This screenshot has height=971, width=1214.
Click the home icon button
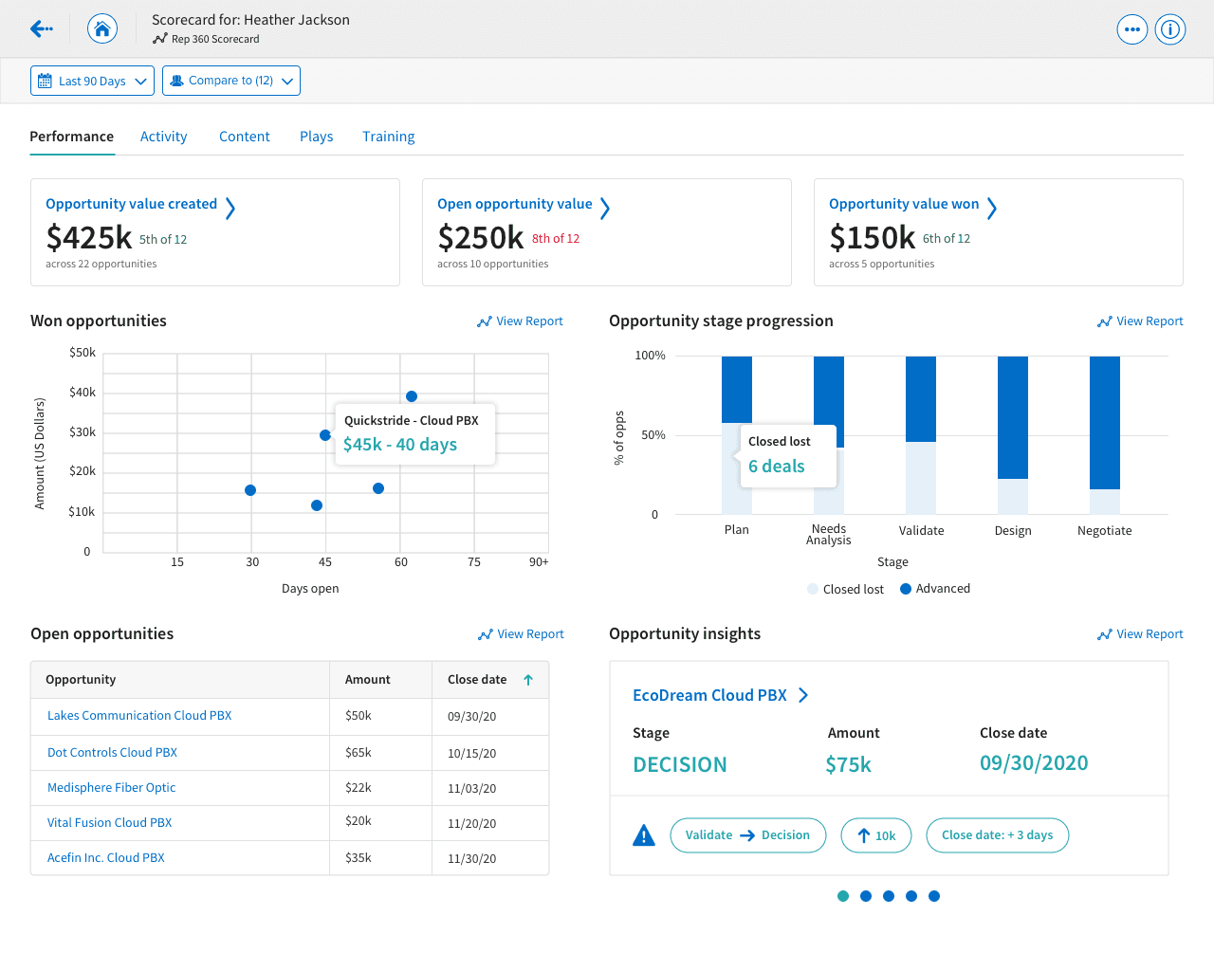pyautogui.click(x=102, y=28)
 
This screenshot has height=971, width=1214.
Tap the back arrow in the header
pyautogui.click(x=41, y=28)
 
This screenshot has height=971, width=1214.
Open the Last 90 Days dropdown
pyautogui.click(x=92, y=81)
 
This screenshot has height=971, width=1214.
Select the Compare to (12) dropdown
pyautogui.click(x=231, y=81)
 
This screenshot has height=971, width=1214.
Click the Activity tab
pyautogui.click(x=163, y=137)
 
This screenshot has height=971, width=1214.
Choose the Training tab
pyautogui.click(x=389, y=137)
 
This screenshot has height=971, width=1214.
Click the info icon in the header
pyautogui.click(x=1170, y=28)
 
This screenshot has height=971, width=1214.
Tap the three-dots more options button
pyautogui.click(x=1131, y=29)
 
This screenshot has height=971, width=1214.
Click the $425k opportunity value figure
pyautogui.click(x=88, y=237)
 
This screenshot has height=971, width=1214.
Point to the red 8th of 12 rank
pyautogui.click(x=556, y=239)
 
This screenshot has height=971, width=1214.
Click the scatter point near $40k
pyautogui.click(x=412, y=396)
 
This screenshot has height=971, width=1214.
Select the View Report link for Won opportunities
pyautogui.click(x=520, y=321)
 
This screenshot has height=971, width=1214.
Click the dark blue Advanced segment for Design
pyautogui.click(x=1013, y=417)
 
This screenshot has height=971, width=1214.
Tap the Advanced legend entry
pyautogui.click(x=935, y=589)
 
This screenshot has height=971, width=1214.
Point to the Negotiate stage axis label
pyautogui.click(x=1104, y=530)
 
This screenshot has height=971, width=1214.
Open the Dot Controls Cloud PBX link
pyautogui.click(x=112, y=752)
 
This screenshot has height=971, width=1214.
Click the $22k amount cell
pyautogui.click(x=359, y=788)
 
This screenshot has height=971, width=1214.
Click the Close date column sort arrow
pyautogui.click(x=528, y=680)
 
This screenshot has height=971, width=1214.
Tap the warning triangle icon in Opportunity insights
pyautogui.click(x=644, y=835)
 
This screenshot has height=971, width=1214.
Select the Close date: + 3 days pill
pyautogui.click(x=997, y=835)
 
